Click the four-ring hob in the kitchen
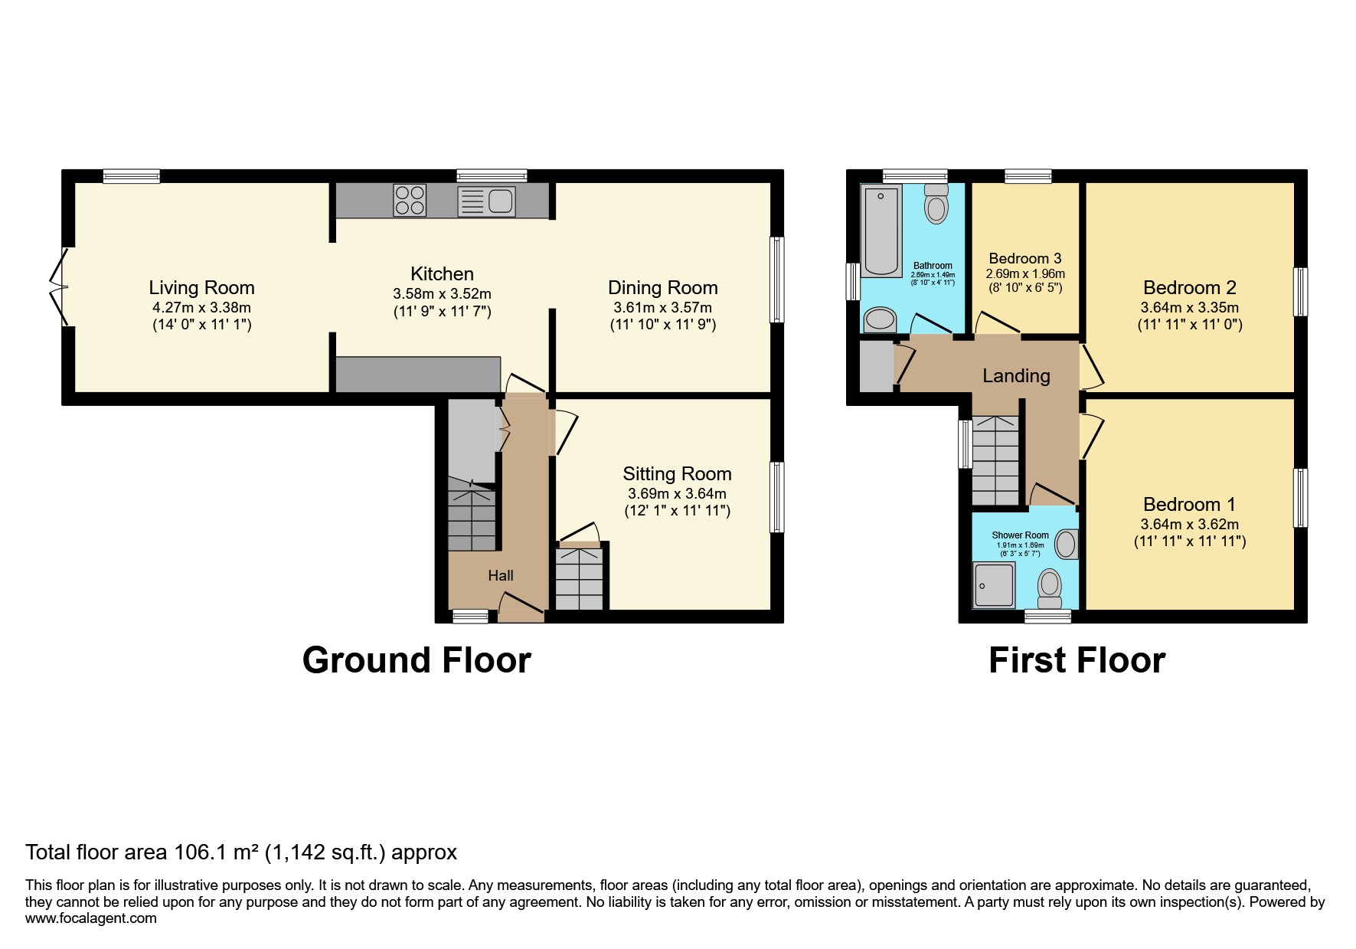409,200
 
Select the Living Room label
201,288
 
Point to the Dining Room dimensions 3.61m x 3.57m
662,308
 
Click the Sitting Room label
677,474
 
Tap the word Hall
501,576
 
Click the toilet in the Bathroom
936,203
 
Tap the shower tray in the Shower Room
994,585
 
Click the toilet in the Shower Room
1049,587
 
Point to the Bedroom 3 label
1024,259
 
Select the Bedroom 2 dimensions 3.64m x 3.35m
1189,308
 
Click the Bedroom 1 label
1189,505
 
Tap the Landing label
1016,376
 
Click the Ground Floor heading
417,660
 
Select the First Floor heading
1077,660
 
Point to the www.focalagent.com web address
90,918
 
